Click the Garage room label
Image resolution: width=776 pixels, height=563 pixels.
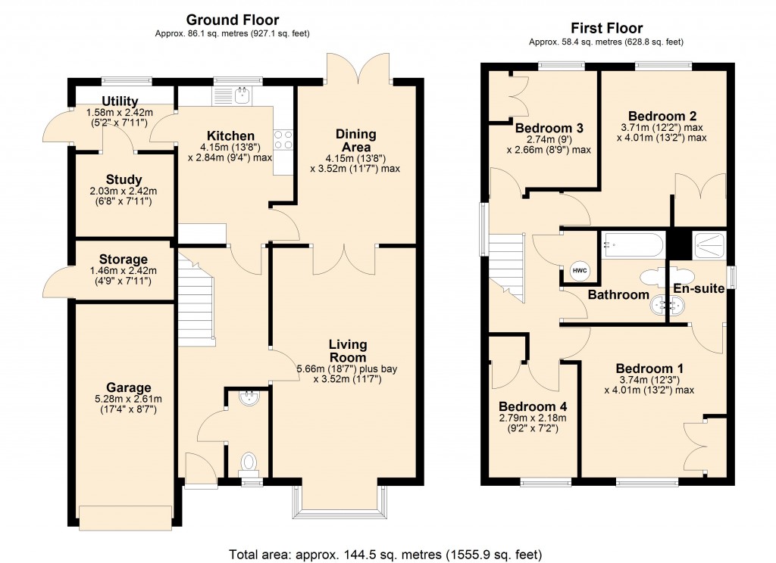click(x=128, y=388)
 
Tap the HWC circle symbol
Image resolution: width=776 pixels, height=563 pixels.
click(x=579, y=270)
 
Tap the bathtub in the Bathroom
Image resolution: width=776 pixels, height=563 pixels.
click(x=634, y=246)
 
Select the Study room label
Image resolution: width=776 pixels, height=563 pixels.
click(x=124, y=179)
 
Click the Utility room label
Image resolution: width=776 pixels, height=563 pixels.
click(x=120, y=101)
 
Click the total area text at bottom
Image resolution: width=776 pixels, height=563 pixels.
click(x=386, y=555)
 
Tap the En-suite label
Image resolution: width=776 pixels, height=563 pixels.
click(x=699, y=288)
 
